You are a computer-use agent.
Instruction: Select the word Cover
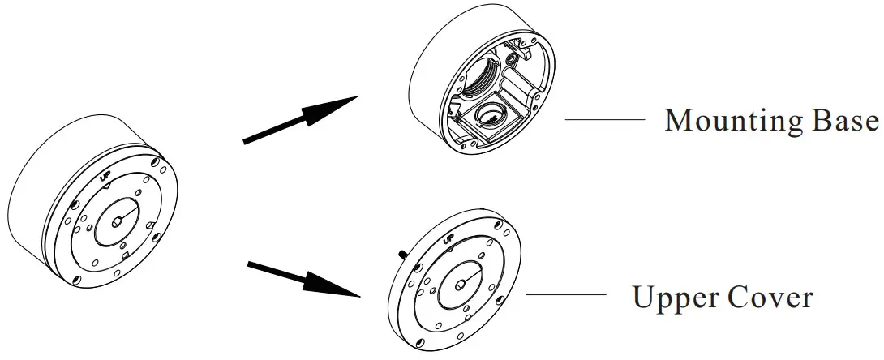(775, 298)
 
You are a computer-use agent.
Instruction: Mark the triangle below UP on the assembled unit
(107, 186)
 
